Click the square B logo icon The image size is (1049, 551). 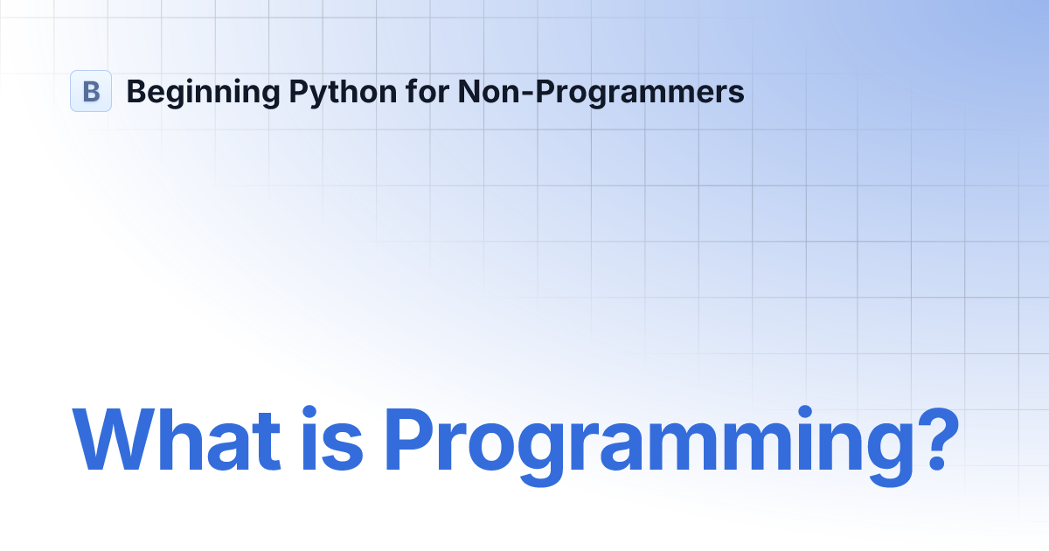pos(91,91)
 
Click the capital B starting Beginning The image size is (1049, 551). pos(135,91)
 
